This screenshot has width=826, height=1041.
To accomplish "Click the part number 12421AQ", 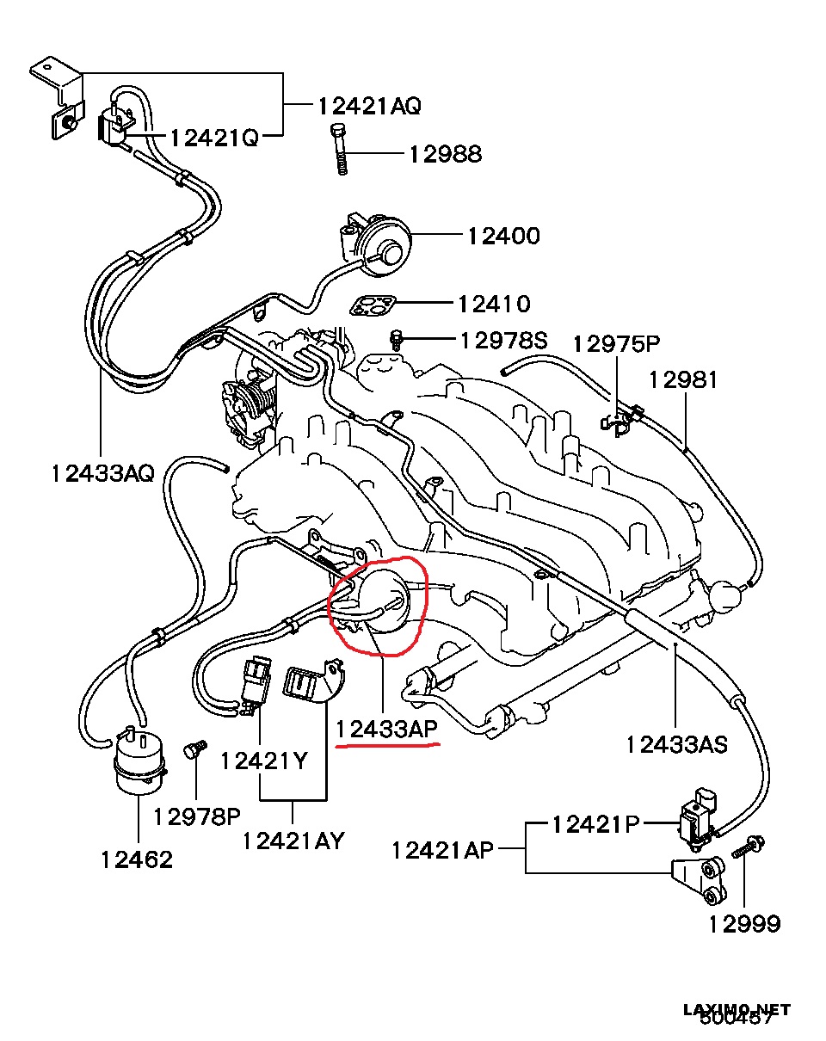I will pyautogui.click(x=369, y=106).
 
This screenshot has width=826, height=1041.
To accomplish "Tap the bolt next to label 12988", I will pyautogui.click(x=339, y=148).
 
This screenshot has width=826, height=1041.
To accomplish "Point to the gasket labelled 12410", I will pyautogui.click(x=373, y=305).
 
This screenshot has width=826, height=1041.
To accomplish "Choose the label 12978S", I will pyautogui.click(x=503, y=341).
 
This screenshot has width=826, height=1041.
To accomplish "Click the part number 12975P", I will pyautogui.click(x=616, y=344).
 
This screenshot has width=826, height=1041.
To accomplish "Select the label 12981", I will pyautogui.click(x=682, y=379).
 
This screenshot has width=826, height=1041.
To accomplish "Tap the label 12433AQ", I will pyautogui.click(x=102, y=472).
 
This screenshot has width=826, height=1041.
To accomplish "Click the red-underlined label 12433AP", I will pyautogui.click(x=387, y=730).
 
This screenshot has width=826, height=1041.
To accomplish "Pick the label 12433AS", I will pyautogui.click(x=676, y=743).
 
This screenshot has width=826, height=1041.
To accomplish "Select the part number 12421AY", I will pyautogui.click(x=293, y=840).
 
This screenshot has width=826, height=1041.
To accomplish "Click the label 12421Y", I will pyautogui.click(x=263, y=761).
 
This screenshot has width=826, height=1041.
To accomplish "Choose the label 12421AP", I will pyautogui.click(x=442, y=850).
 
